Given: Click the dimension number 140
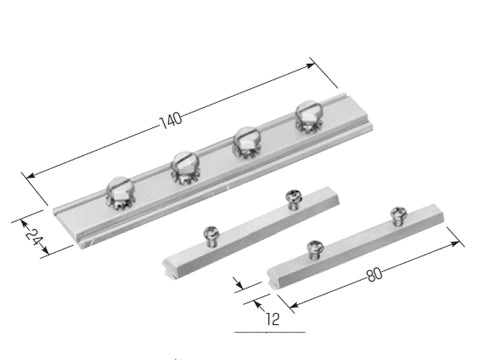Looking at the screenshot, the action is coord(171,120).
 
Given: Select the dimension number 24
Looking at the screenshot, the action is coord(34,236).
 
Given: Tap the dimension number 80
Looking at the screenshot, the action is coord(374,275).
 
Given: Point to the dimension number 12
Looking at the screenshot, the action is coord(273,319).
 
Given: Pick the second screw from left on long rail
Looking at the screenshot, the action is coord(185,167).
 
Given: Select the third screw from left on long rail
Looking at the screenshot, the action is coord(247,142).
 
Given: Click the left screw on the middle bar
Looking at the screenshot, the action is coord(211,236).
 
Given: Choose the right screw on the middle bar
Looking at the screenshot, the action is coord(294,200).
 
